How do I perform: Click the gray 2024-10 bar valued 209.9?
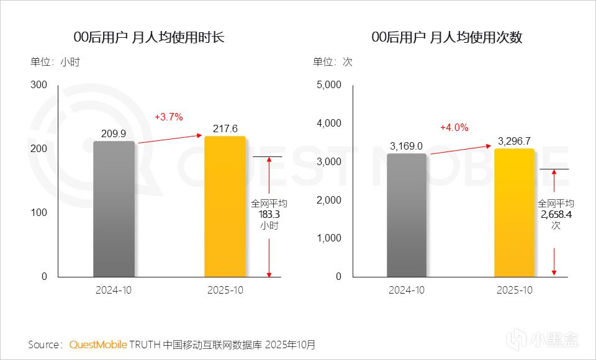(114, 209)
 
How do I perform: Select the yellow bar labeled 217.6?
(225, 206)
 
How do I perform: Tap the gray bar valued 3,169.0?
(407, 215)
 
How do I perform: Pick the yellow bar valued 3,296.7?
(515, 212)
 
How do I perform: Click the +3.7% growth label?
(169, 117)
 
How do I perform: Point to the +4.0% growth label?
(454, 127)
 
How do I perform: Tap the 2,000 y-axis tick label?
(329, 200)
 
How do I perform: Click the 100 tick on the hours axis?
(39, 212)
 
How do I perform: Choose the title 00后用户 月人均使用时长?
(148, 38)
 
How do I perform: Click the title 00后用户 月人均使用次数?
(446, 38)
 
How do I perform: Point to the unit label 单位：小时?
(56, 62)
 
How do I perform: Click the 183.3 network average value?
(269, 214)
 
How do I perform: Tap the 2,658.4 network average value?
(556, 214)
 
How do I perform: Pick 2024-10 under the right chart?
(407, 290)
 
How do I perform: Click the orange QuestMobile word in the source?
(98, 344)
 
